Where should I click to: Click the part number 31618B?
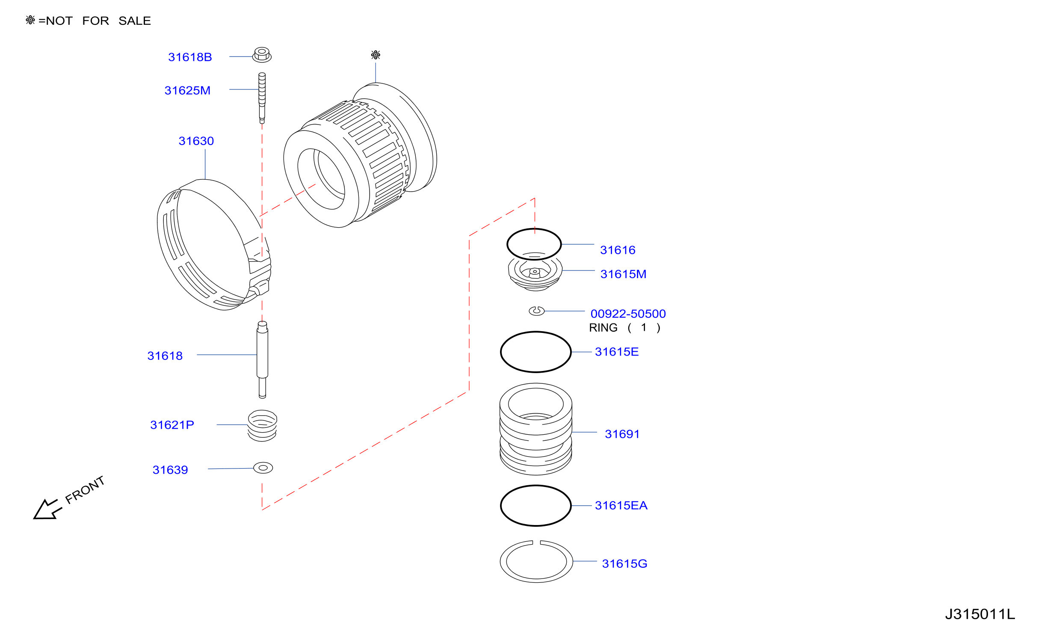tap(190, 57)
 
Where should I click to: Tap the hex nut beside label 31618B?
tap(262, 55)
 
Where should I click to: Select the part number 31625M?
tap(187, 90)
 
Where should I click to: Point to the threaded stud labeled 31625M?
tap(262, 98)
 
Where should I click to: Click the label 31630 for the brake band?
tap(196, 141)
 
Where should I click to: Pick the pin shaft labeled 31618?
tap(263, 359)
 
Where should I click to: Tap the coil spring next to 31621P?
tap(262, 425)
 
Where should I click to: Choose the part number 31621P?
tap(172, 425)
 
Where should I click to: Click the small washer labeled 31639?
tap(263, 468)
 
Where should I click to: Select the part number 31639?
tap(170, 470)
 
